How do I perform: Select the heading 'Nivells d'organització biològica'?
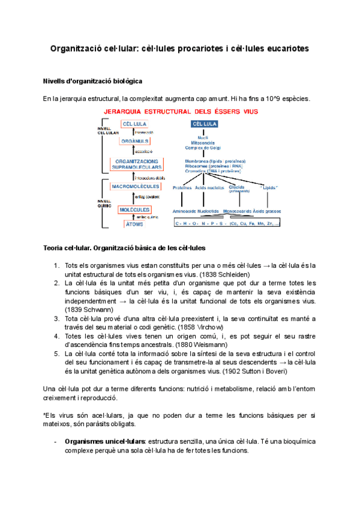point(92,80)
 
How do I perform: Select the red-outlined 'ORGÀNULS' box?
point(136,141)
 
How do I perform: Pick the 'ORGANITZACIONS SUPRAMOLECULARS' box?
point(136,164)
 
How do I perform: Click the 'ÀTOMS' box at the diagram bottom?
point(134,224)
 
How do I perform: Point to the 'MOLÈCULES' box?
point(134,209)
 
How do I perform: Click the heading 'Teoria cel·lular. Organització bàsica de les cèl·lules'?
point(125,248)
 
